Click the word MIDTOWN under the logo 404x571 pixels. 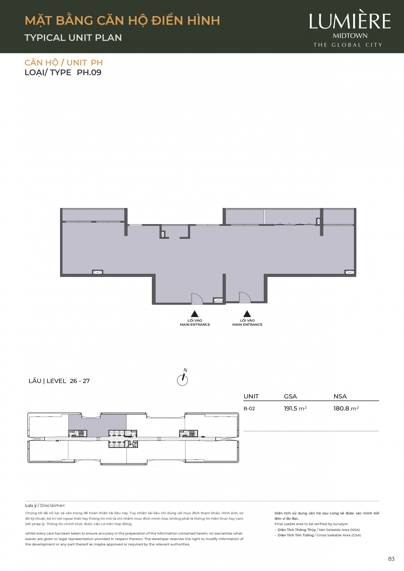click(x=350, y=36)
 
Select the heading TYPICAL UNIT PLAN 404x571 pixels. click(x=73, y=38)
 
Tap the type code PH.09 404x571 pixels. click(x=89, y=73)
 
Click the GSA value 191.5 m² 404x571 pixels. click(x=295, y=409)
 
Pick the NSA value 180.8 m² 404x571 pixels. click(x=346, y=409)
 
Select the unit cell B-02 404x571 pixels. click(x=249, y=409)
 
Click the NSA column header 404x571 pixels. click(x=340, y=396)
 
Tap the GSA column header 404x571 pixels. click(x=290, y=396)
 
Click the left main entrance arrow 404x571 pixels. click(x=195, y=314)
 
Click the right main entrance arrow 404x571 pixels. click(x=247, y=314)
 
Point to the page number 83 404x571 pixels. click(x=391, y=559)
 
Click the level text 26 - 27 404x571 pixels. click(x=80, y=381)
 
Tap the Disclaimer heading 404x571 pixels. click(x=45, y=505)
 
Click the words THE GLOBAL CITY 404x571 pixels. click(x=348, y=45)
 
